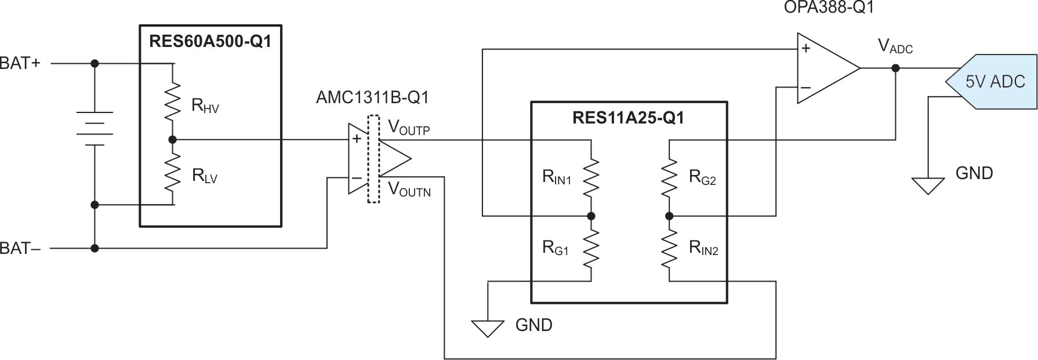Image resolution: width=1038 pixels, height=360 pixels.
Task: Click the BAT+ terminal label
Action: point(20,63)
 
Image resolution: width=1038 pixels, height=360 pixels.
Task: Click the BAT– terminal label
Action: point(20,249)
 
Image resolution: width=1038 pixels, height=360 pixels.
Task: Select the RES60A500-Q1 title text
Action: point(210,42)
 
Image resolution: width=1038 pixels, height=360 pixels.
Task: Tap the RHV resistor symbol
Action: point(172,102)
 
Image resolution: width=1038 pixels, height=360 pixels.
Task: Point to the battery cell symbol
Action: point(95,129)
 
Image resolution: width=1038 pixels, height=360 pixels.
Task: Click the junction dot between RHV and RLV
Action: point(172,140)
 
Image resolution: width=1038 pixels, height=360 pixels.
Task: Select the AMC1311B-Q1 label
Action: point(372,97)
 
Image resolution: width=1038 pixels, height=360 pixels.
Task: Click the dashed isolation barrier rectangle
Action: point(374,159)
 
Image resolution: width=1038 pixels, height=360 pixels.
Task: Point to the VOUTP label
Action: point(409,128)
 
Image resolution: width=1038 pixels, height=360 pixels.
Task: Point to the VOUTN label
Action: point(409,190)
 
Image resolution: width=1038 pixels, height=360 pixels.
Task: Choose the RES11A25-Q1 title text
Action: point(628,118)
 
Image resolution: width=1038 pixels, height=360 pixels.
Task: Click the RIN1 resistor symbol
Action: point(591,178)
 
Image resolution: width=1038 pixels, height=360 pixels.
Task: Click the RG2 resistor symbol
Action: point(669,178)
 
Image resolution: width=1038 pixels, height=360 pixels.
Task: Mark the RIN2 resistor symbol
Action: point(669,249)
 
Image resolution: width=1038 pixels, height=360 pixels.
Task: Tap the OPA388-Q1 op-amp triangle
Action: point(825,68)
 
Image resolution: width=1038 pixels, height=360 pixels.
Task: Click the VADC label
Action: point(895,46)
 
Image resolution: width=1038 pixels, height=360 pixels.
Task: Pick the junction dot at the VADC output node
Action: point(895,68)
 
